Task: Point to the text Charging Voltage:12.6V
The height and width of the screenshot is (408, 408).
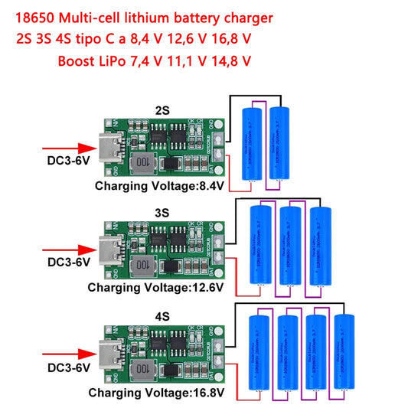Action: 155,287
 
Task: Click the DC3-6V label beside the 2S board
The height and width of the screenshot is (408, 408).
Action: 64,162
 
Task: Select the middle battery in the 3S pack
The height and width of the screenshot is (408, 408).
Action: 290,245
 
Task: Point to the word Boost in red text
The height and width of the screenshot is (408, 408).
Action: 77,59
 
